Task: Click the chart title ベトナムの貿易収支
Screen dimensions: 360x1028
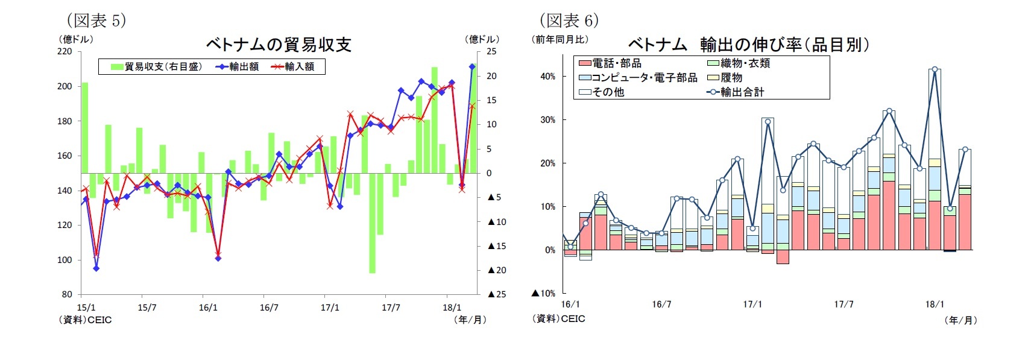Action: (x=279, y=45)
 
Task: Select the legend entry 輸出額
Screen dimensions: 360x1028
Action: (x=238, y=66)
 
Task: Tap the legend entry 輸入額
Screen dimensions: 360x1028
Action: (x=293, y=66)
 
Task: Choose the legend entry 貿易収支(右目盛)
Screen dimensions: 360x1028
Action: (x=156, y=66)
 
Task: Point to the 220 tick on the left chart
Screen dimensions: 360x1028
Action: (x=65, y=51)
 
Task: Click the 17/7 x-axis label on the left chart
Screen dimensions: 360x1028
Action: (x=391, y=308)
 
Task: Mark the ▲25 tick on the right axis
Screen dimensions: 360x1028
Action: (x=497, y=294)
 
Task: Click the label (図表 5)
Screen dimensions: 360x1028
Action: (x=96, y=21)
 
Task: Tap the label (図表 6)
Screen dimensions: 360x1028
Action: (x=569, y=21)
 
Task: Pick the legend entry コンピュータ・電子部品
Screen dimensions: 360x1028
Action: (x=638, y=78)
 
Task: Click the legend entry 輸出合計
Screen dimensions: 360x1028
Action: (x=736, y=92)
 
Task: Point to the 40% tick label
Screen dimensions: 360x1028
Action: (x=547, y=77)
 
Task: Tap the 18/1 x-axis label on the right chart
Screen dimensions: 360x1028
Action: (x=935, y=305)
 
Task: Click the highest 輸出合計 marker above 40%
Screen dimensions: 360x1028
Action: (x=935, y=69)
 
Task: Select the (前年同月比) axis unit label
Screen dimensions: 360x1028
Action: (x=560, y=39)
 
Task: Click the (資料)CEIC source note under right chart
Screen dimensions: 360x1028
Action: (x=558, y=319)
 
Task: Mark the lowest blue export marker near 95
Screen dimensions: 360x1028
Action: (x=96, y=268)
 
